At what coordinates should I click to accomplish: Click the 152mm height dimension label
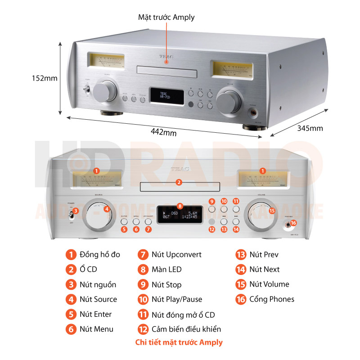point(45,78)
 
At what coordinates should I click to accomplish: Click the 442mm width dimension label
point(164,133)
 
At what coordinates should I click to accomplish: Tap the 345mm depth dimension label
point(310,128)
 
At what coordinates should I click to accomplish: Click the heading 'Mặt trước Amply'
point(166,18)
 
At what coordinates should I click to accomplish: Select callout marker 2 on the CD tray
point(179,182)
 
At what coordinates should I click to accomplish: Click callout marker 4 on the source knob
point(107,209)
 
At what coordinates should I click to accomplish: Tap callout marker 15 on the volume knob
point(271,210)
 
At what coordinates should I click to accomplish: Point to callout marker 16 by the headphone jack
point(293,223)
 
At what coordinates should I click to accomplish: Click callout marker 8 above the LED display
point(180,206)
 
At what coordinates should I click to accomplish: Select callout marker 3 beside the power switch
point(76,211)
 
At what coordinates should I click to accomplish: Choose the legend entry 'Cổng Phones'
point(271,299)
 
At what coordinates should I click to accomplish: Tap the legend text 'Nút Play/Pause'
point(176,299)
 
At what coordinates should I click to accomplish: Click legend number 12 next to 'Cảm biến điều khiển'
point(143,329)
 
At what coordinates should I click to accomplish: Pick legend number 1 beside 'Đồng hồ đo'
point(71,255)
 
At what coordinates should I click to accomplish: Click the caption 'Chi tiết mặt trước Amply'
point(179,342)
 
